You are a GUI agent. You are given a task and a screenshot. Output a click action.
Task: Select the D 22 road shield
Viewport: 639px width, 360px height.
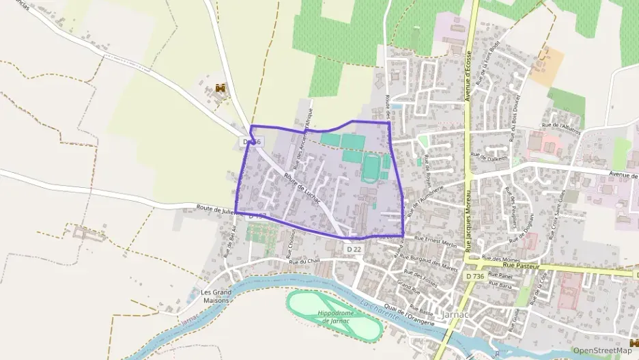click(354, 249)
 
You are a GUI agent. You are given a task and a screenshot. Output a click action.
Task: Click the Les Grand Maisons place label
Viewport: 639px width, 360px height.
click(216, 296)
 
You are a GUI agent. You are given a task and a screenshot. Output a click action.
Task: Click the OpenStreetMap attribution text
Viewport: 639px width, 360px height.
click(602, 350)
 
